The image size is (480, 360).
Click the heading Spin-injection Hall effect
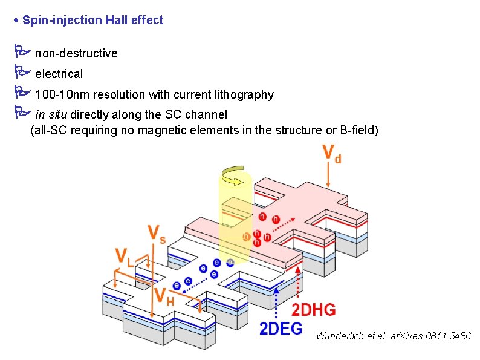[x=92, y=20]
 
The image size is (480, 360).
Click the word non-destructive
[x=76, y=53]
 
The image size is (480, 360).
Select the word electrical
[x=59, y=74]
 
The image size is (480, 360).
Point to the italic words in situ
[x=51, y=114]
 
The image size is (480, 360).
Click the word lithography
[x=244, y=94]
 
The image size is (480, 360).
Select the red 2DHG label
[x=313, y=310]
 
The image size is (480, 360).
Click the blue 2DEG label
[x=281, y=329]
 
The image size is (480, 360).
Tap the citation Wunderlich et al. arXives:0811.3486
[x=393, y=336]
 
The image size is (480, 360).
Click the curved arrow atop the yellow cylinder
[x=233, y=176]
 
